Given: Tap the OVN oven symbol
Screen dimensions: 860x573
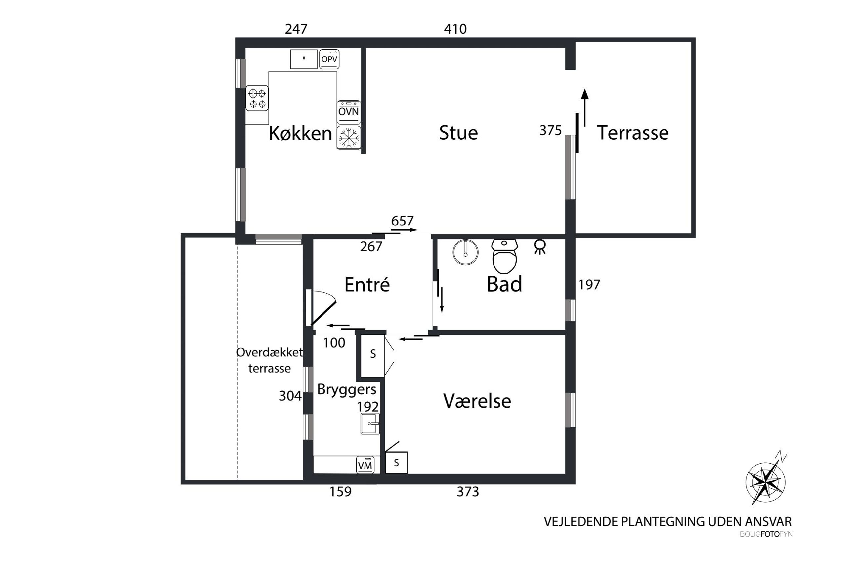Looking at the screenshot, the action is [x=348, y=112].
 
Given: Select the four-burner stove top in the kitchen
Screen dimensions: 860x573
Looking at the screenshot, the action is [x=257, y=98].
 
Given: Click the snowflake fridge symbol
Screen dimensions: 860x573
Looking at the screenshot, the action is [x=349, y=138].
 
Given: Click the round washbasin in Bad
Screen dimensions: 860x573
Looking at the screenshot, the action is [x=465, y=252].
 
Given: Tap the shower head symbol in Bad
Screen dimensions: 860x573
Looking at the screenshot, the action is [x=539, y=247].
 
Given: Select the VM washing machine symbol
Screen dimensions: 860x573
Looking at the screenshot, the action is [x=365, y=465].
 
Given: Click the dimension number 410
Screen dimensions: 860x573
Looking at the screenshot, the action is [x=455, y=29].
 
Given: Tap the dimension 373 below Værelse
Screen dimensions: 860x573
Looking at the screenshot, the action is [x=467, y=492].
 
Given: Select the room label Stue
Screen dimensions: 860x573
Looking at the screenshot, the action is [x=458, y=132].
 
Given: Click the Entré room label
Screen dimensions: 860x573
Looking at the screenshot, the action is [x=367, y=284].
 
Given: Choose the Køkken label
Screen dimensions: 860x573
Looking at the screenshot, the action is [x=300, y=133].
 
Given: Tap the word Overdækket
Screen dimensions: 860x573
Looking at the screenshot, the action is [x=269, y=352].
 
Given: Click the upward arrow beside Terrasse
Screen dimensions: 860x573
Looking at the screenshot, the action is [x=585, y=107].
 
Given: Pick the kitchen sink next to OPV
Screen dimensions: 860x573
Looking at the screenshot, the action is [x=303, y=59].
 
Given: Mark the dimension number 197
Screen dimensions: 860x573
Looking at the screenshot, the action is [x=589, y=285].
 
